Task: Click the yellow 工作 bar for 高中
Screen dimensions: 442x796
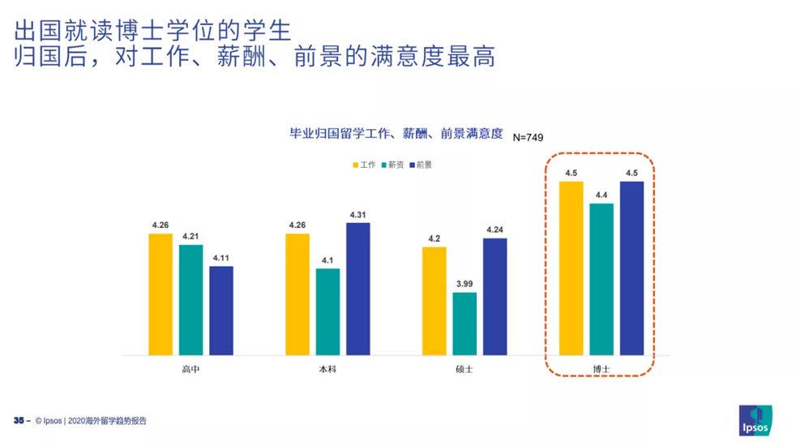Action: click(160, 294)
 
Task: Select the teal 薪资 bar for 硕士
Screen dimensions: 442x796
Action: click(464, 323)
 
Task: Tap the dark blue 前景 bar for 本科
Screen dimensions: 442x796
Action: click(357, 288)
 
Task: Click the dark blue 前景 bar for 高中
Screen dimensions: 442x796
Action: click(221, 310)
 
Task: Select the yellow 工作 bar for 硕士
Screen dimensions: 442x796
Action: click(434, 300)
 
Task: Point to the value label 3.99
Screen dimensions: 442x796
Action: click(464, 283)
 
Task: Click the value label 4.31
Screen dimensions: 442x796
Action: click(357, 214)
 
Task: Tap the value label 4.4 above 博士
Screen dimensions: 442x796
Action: click(601, 195)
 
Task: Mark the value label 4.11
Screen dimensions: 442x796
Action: click(221, 258)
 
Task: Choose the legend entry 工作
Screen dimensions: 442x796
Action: click(364, 165)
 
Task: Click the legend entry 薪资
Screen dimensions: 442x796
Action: click(392, 165)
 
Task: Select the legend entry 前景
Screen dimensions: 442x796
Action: click(420, 165)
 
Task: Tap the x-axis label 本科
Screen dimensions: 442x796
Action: click(327, 369)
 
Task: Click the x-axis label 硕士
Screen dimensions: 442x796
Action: click(464, 369)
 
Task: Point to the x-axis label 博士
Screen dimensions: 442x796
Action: click(601, 369)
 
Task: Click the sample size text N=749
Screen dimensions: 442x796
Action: click(528, 137)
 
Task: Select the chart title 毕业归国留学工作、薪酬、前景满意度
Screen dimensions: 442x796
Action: click(396, 134)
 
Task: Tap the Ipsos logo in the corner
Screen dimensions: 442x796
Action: click(755, 419)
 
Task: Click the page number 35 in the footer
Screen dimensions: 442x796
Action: click(19, 421)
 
